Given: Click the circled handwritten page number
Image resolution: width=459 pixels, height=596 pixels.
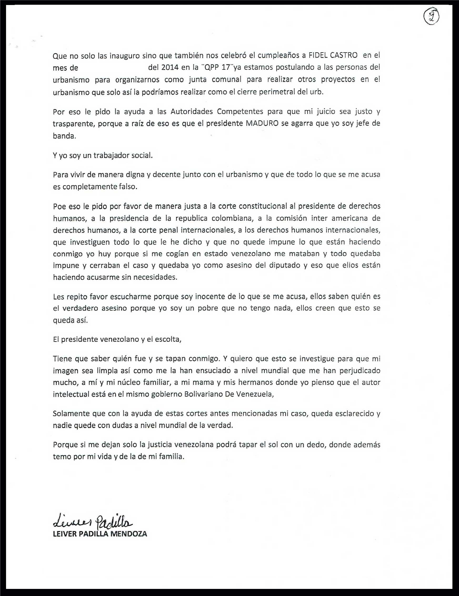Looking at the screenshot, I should coord(431,17).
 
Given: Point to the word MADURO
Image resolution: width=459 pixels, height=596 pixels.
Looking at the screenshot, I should coord(262,123).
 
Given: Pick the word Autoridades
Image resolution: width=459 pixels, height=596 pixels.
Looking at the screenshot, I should coord(192,111).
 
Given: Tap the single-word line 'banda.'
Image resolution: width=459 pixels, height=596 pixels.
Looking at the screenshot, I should coord(64,136).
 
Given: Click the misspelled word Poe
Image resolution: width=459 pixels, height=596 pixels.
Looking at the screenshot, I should coord(58,206).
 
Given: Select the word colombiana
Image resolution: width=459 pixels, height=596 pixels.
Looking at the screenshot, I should coord(234,218).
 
